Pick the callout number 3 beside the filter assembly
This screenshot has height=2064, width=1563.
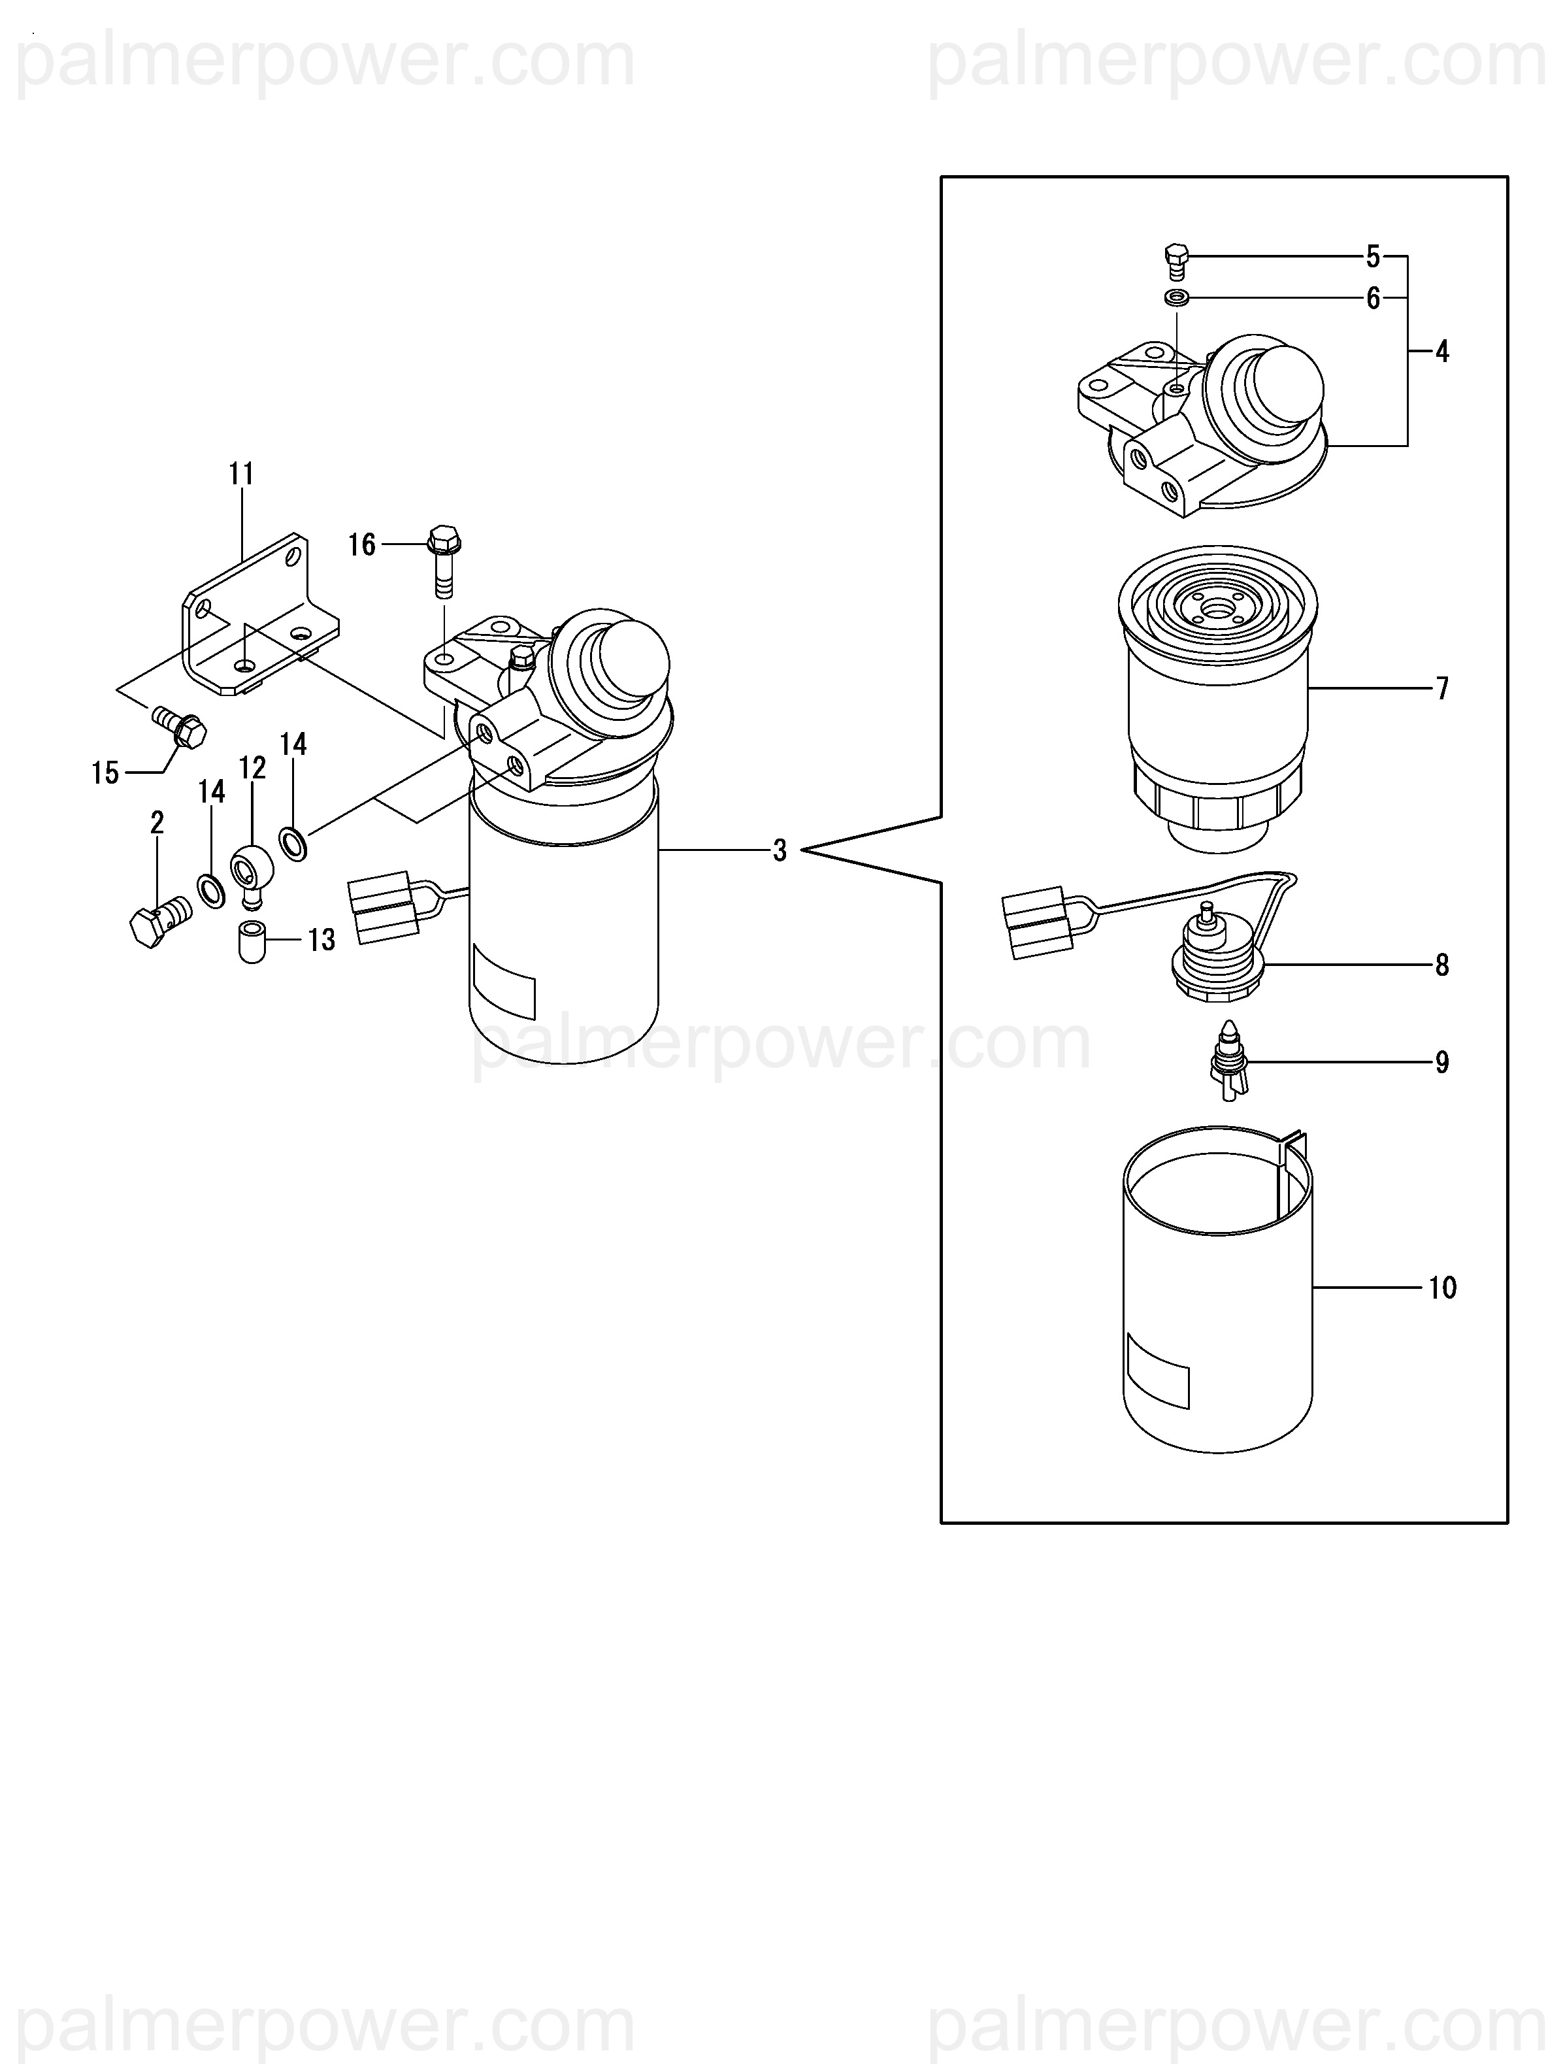[x=779, y=850]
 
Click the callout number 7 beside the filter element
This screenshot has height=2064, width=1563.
[x=1441, y=689]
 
